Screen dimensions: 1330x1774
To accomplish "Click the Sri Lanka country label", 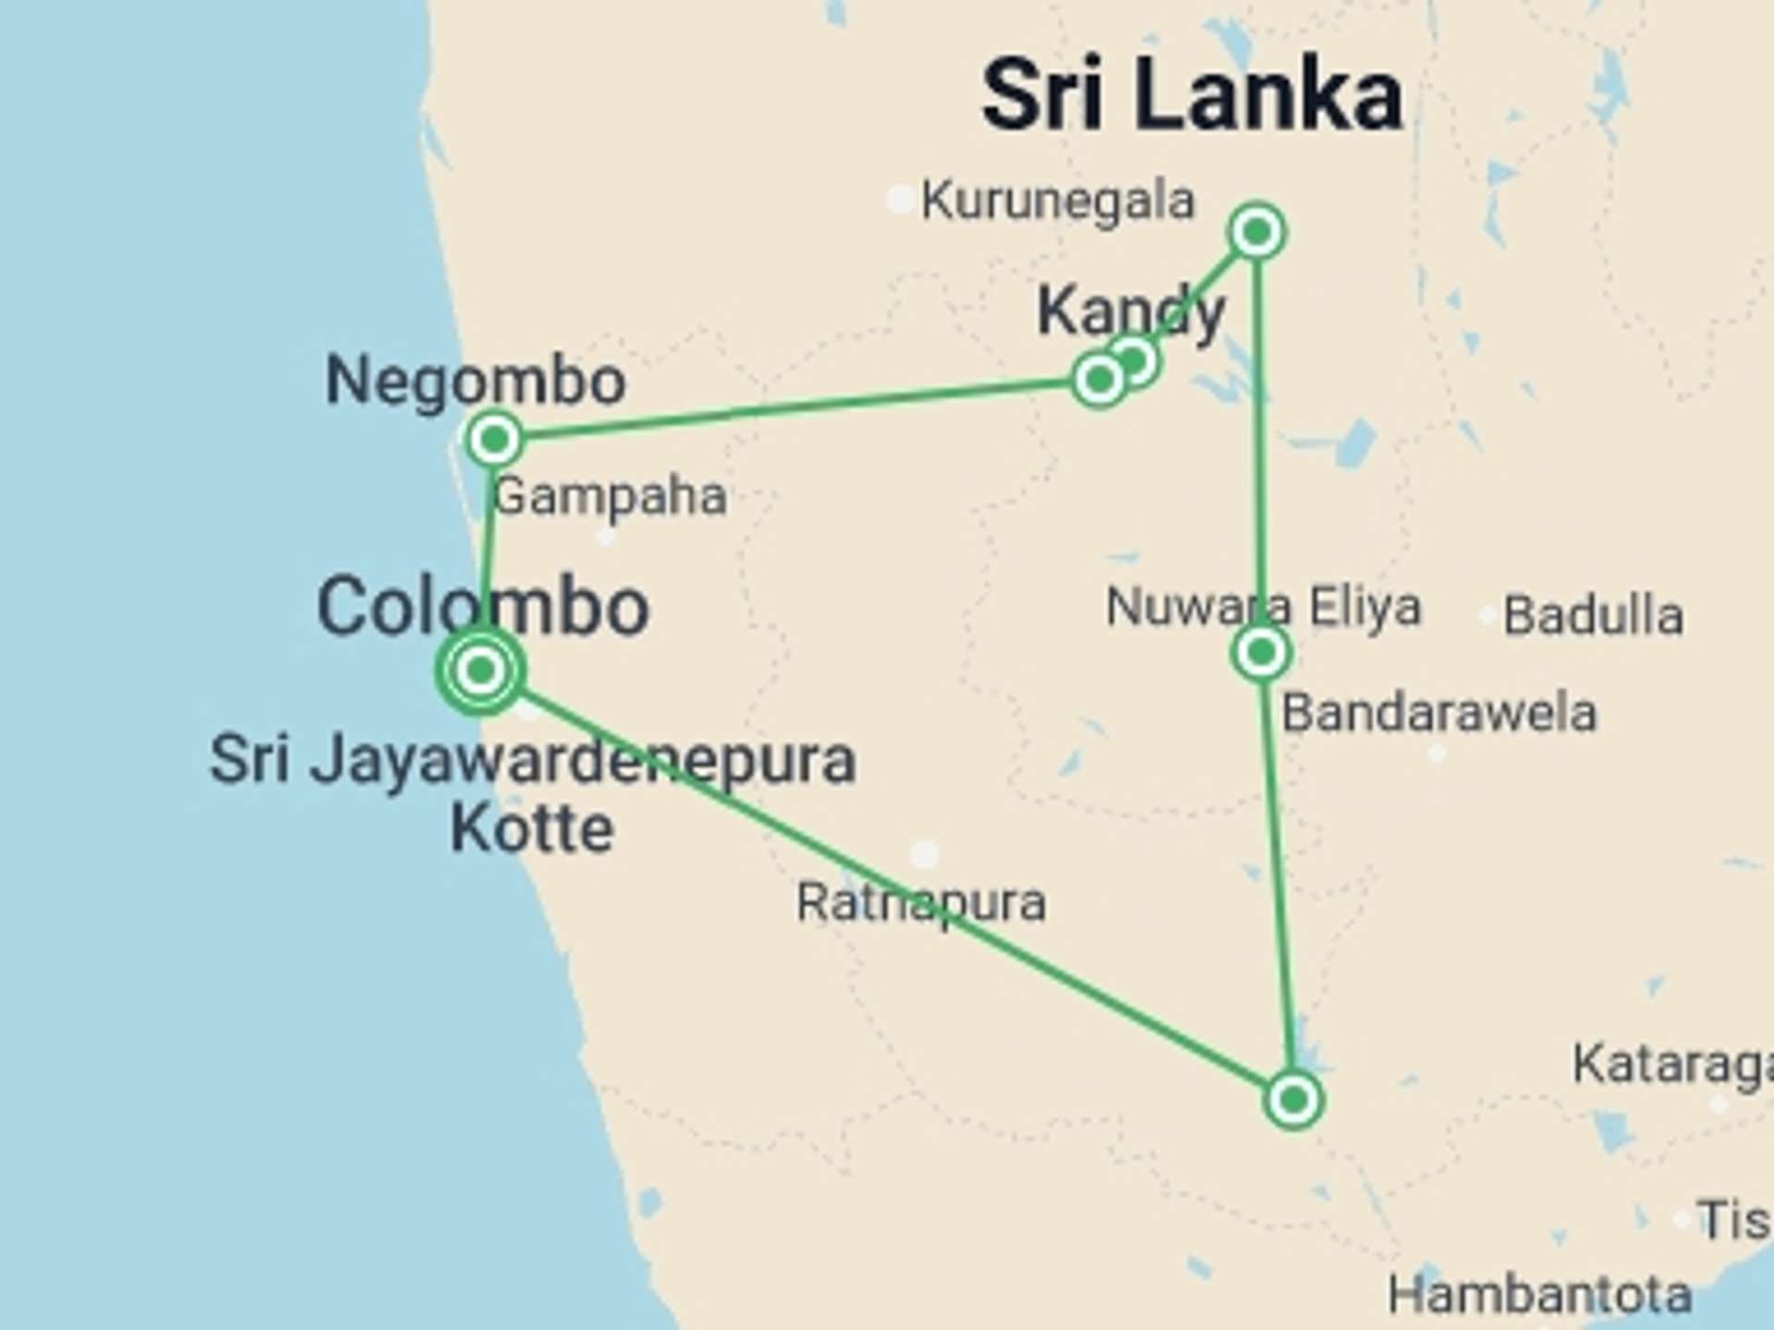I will coord(1192,95).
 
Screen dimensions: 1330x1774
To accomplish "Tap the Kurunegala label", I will coord(1058,200).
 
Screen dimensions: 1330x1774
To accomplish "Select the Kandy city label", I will coord(1131,311).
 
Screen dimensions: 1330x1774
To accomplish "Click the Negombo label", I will coord(476,381).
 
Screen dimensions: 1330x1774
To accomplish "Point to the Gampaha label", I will coord(610,497).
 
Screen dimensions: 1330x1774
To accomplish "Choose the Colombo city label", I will coord(482,607).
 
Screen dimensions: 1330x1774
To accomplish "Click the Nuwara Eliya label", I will coord(1263,607).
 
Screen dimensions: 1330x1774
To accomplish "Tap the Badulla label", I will coord(1593,616).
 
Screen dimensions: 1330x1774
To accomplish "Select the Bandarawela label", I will coord(1439,713).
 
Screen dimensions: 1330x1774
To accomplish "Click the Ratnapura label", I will coord(921,902).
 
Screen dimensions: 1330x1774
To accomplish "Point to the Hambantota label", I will coord(1539,1295).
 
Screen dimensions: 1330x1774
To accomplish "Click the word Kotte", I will coord(532,828).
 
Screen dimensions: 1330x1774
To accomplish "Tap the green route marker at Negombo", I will coord(494,439).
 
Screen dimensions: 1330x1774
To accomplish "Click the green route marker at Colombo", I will coord(480,670).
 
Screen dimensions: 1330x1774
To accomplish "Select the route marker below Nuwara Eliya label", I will coord(1261,653).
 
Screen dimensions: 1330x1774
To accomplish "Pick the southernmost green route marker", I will coord(1294,1099).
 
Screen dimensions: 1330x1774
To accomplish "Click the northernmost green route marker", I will coord(1257,231).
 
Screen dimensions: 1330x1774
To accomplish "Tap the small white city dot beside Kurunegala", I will coord(899,199).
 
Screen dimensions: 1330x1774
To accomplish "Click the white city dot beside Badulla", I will coord(1488,615).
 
